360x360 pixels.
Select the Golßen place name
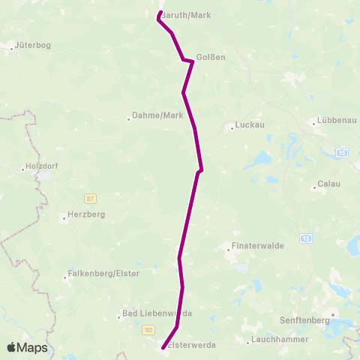[x=211, y=57]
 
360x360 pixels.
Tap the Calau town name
[x=330, y=184]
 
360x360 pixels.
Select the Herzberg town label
[x=86, y=214]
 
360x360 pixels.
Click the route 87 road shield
[x=91, y=198]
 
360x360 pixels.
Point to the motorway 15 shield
[x=343, y=152]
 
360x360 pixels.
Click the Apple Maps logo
[x=28, y=347]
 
